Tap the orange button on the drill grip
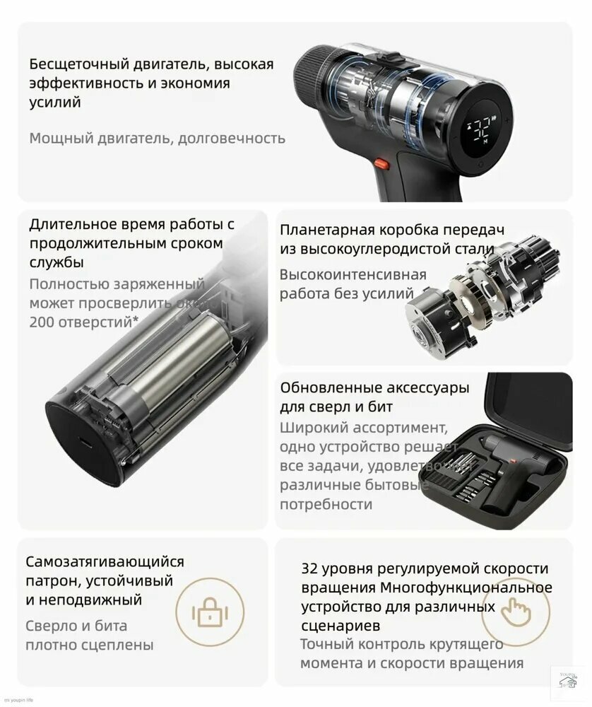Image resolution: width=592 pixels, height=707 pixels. [x=382, y=164]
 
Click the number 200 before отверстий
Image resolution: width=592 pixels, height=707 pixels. [x=44, y=321]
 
